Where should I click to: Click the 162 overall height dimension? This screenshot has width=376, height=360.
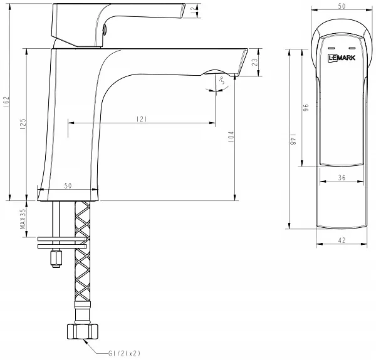(6, 101)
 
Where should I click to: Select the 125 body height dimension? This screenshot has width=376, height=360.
(23, 124)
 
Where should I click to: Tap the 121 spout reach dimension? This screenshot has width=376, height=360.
(142, 119)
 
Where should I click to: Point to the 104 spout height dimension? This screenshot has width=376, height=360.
(231, 136)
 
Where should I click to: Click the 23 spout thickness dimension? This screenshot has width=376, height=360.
(255, 62)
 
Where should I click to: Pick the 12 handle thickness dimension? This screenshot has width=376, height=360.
(193, 11)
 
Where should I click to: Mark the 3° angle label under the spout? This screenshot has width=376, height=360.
(222, 80)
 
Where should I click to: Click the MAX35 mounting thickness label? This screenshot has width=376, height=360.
(23, 219)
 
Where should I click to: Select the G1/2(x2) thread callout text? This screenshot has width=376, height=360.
(124, 353)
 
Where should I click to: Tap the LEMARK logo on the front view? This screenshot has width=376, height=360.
(342, 58)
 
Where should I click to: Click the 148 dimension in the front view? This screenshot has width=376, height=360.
(293, 140)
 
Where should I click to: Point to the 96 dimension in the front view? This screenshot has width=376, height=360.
(306, 108)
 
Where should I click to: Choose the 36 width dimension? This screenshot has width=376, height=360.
(342, 177)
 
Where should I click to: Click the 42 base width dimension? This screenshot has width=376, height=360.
(342, 240)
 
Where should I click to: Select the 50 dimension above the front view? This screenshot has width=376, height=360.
(342, 6)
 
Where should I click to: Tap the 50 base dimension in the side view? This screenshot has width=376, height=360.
(68, 185)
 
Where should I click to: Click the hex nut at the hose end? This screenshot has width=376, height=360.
(83, 331)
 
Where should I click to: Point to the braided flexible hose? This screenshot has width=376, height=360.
(83, 254)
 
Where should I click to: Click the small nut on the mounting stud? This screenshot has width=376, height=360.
(56, 259)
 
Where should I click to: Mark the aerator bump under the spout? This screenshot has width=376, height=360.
(214, 73)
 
